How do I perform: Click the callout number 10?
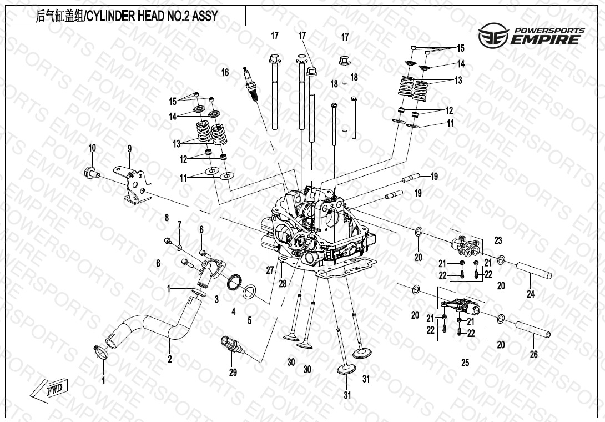tap(92, 148)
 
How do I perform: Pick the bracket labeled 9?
tap(135, 185)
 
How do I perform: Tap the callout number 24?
tap(531, 294)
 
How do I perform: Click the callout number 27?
tap(270, 270)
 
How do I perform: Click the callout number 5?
tap(249, 320)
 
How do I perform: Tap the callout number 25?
tap(465, 363)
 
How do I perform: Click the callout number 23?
tap(497, 240)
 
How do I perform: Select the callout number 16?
tap(225, 72)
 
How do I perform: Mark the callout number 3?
tap(217, 299)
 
